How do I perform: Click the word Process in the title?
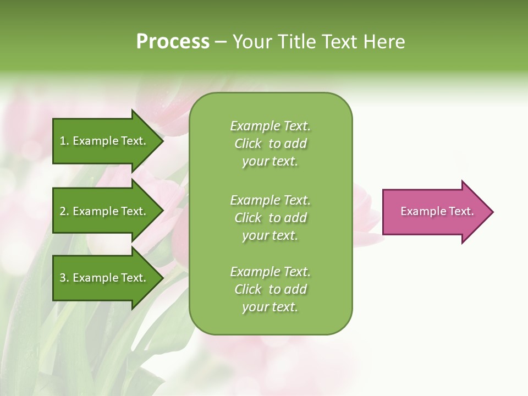173,42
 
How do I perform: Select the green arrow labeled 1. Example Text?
105,141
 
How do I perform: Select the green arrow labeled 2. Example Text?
105,211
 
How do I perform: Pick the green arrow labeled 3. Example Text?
105,278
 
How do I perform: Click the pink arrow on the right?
435,212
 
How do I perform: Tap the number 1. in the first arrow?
64,141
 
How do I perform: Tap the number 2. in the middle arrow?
64,211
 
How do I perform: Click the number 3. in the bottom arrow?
64,278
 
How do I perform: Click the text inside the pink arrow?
437,211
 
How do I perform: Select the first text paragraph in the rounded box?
270,144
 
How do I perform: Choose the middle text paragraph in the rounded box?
270,218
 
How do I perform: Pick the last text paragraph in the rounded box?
270,289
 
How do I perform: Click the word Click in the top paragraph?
248,144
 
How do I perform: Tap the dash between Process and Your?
221,42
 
